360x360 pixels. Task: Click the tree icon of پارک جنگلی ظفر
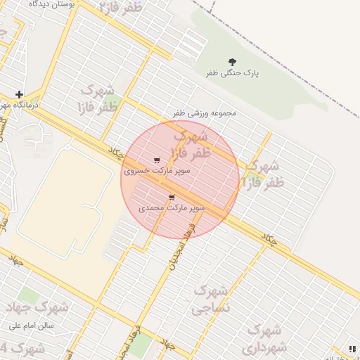[232, 62]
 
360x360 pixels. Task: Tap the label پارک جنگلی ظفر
[232, 73]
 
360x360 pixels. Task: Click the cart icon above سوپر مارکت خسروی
[156, 160]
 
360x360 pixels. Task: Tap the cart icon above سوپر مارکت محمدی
[172, 198]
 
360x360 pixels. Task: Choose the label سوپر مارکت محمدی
[172, 208]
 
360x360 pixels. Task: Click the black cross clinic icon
[19, 94]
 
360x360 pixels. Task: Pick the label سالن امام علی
[32, 326]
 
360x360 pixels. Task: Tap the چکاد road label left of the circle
[115, 152]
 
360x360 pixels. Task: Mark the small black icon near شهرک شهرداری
[352, 348]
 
